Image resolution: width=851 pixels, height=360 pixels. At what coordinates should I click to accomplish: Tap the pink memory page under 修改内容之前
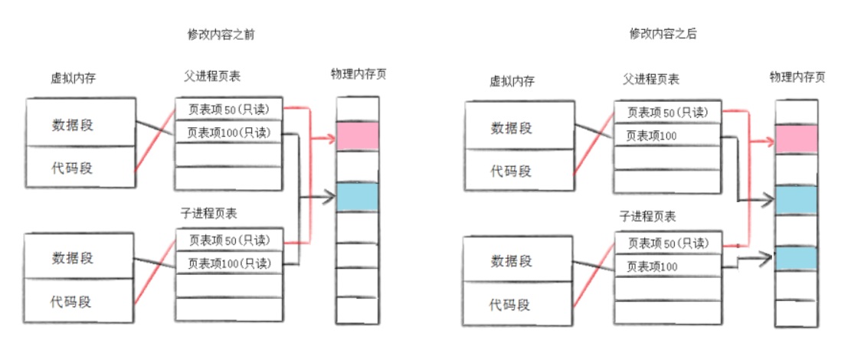coord(358,136)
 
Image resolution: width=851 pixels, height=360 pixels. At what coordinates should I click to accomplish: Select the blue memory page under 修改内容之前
coord(358,197)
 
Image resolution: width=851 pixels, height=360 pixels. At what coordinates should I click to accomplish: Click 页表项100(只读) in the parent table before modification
coord(229,132)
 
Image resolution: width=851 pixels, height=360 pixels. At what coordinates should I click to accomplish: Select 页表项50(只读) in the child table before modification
coord(229,240)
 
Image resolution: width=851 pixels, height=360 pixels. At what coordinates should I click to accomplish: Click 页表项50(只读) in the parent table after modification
coord(667,113)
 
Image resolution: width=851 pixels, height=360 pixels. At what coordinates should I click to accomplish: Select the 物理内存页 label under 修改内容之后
coord(797,77)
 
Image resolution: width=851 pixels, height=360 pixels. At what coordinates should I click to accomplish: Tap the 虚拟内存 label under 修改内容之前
coord(73,78)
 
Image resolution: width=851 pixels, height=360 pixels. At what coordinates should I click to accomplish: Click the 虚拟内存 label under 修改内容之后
coord(512,81)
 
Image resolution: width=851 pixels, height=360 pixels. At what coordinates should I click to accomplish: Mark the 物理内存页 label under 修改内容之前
coord(358,74)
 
